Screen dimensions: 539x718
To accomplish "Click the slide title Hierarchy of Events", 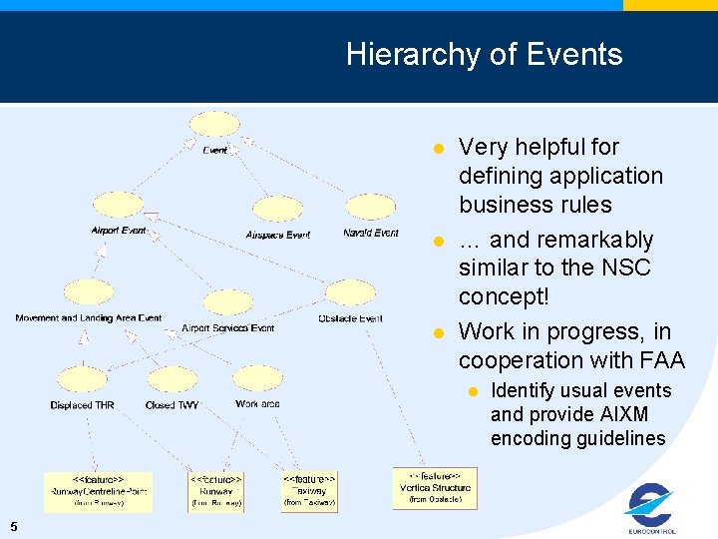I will (x=484, y=54).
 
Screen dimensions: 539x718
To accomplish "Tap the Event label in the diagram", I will (x=215, y=151).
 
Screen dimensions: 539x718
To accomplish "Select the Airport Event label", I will (x=119, y=231).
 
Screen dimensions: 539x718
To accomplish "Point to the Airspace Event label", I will (x=277, y=236).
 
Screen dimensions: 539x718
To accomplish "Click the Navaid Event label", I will (x=371, y=233).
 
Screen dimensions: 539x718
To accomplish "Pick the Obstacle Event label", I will (x=350, y=318).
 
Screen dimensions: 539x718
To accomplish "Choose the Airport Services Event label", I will (x=227, y=328).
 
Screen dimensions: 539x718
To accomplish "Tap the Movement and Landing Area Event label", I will (x=88, y=318).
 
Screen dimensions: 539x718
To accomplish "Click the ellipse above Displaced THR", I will (x=82, y=380).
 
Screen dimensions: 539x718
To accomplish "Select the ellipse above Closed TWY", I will (x=173, y=380).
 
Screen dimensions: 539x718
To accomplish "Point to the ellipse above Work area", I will (x=257, y=379).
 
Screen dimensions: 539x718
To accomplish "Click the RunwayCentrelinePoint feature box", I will (x=98, y=491).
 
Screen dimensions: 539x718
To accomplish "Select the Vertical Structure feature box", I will (x=435, y=487).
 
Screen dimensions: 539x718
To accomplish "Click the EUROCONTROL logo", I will (x=651, y=508).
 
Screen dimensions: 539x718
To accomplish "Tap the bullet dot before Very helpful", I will (x=437, y=149).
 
